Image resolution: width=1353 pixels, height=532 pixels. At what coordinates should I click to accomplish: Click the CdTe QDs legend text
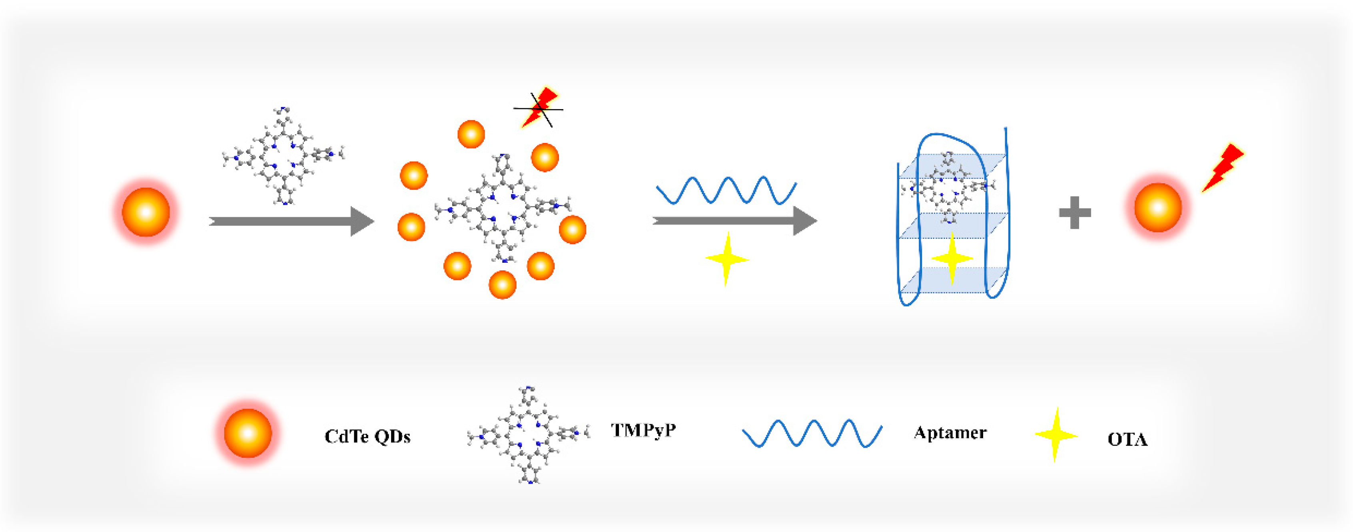[x=367, y=437]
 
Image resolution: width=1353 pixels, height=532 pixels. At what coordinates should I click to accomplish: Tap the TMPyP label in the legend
[x=643, y=430]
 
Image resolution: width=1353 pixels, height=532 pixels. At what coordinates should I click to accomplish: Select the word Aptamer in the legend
[x=950, y=433]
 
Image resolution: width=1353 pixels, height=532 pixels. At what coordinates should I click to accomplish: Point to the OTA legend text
[x=1127, y=439]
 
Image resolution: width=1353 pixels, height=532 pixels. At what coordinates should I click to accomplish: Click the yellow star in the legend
[x=1055, y=435]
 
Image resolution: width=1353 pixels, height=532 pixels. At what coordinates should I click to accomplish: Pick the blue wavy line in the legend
[x=812, y=433]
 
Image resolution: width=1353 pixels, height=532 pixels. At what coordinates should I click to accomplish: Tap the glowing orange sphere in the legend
[x=248, y=433]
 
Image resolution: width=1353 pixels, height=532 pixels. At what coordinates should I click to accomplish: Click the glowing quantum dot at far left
[x=146, y=212]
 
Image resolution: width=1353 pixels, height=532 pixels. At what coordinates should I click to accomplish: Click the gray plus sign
[x=1075, y=212]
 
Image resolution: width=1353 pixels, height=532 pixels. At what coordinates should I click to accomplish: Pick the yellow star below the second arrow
[x=727, y=259]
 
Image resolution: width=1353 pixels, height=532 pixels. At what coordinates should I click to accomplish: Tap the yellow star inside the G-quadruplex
[x=952, y=258]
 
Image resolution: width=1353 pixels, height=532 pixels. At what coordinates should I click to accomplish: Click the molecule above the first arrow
[x=283, y=156]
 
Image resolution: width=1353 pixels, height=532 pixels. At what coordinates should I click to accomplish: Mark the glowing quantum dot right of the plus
[x=1157, y=208]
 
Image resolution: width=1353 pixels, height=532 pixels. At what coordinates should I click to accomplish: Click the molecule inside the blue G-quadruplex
[x=948, y=187]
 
